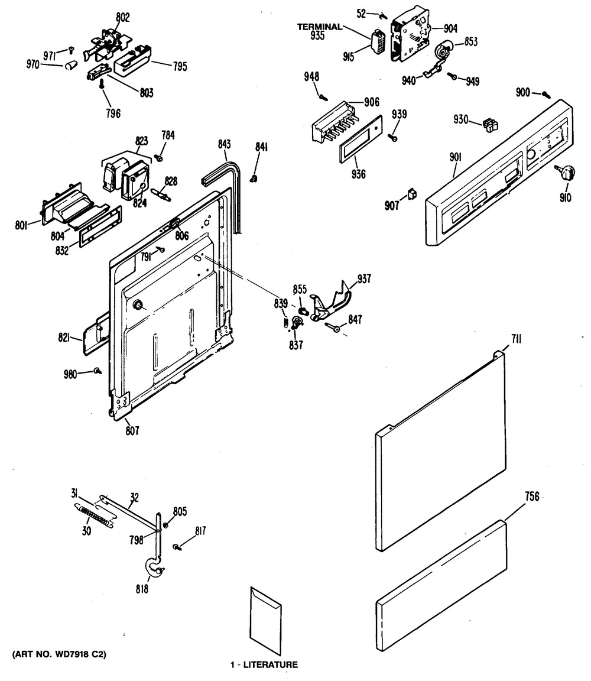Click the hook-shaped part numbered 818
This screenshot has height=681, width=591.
tap(155, 569)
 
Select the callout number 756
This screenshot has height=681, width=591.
tap(532, 497)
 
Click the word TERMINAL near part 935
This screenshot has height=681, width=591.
tap(319, 27)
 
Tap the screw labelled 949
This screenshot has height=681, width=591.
tap(452, 75)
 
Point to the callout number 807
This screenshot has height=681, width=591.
tap(132, 431)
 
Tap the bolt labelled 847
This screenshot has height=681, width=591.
tap(333, 327)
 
